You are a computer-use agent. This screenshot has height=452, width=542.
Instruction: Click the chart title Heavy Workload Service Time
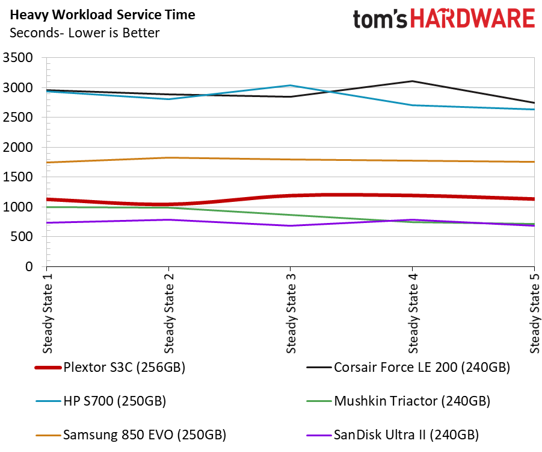pyautogui.click(x=102, y=14)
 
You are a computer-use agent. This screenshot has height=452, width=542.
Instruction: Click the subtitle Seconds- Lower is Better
pyautogui.click(x=84, y=33)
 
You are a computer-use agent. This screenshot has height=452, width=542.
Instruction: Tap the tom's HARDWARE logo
pyautogui.click(x=443, y=19)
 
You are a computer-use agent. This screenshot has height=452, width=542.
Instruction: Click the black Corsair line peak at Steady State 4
pyautogui.click(x=412, y=81)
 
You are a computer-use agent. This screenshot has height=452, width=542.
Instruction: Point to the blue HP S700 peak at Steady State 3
pyautogui.click(x=291, y=86)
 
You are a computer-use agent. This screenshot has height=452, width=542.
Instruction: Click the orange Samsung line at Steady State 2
pyautogui.click(x=169, y=158)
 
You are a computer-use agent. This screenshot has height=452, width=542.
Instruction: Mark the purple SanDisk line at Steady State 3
pyautogui.click(x=291, y=226)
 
